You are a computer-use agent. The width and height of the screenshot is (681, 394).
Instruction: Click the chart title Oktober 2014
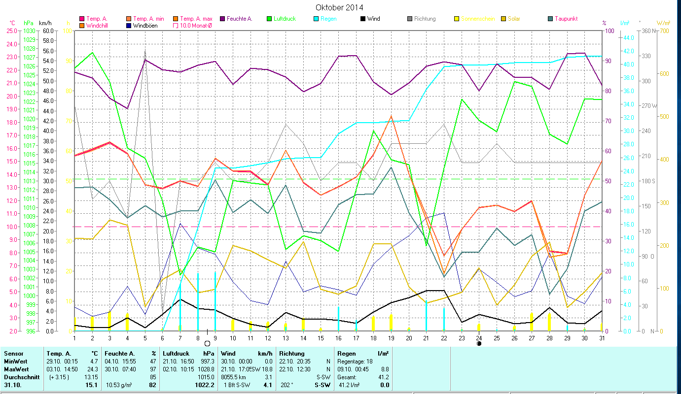pos(339,7)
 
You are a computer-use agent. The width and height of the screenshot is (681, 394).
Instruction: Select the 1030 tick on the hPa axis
pos(29,31)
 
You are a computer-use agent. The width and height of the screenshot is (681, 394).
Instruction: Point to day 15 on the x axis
pos(321,337)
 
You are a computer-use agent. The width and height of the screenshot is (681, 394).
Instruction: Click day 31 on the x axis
pos(602,337)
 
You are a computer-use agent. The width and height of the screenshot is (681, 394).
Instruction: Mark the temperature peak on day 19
pos(391,117)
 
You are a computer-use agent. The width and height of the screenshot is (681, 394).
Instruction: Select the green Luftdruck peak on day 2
pos(92,52)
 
